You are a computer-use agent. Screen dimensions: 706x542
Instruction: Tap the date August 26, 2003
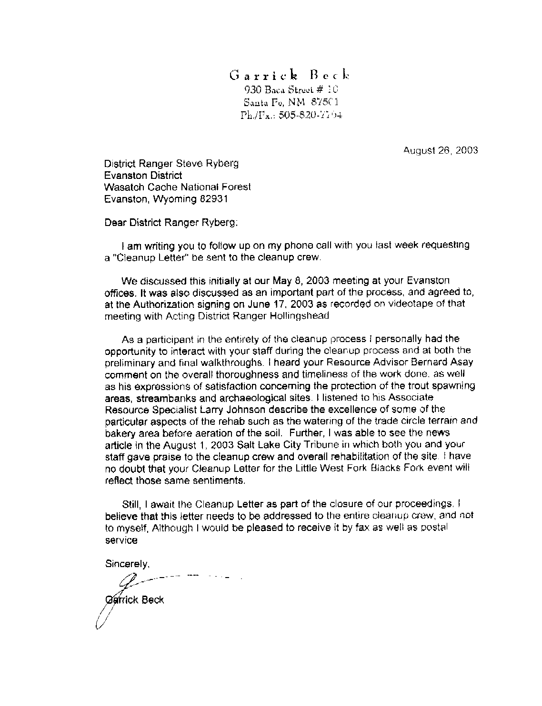pos(441,150)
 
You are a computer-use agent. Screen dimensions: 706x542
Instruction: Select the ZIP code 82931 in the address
pos(213,199)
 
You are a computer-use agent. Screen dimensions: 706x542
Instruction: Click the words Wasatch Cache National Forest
pos(178,187)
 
